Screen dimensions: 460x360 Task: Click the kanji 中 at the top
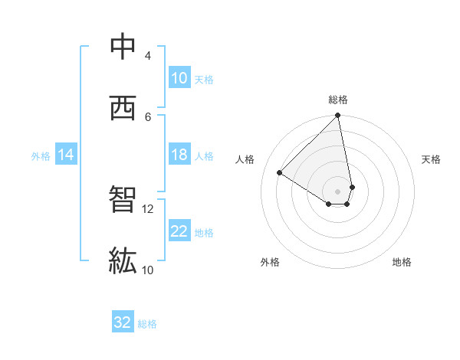(x=123, y=48)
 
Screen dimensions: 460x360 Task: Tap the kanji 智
(x=123, y=201)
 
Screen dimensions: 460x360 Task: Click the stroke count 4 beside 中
(x=147, y=56)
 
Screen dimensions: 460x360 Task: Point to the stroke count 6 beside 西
(x=147, y=116)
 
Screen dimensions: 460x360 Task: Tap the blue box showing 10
(x=179, y=78)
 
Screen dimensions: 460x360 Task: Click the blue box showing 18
(x=179, y=155)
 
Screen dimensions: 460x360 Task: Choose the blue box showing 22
(x=179, y=231)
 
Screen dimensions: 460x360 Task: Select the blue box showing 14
(x=66, y=155)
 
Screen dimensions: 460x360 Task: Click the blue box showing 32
(x=123, y=322)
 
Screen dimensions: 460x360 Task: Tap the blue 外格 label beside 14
(x=41, y=155)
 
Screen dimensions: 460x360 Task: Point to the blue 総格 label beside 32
(x=147, y=323)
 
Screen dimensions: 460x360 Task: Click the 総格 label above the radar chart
(x=338, y=100)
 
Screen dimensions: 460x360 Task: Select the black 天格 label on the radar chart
(x=432, y=159)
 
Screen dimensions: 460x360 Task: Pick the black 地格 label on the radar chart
(x=402, y=262)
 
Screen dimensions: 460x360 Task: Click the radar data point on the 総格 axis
(x=338, y=116)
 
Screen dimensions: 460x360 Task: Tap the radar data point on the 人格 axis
(x=280, y=173)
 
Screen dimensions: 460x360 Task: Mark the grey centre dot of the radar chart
(x=338, y=191)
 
